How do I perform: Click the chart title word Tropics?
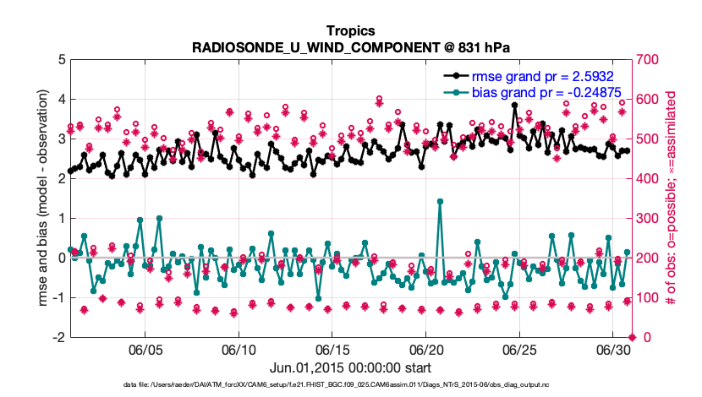point(350,30)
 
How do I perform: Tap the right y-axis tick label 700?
point(647,60)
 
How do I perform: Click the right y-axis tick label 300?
point(647,218)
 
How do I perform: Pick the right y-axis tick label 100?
point(647,297)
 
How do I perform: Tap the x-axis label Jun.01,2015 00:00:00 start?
point(350,368)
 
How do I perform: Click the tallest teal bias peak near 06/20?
point(440,201)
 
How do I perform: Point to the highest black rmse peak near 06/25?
point(514,105)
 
